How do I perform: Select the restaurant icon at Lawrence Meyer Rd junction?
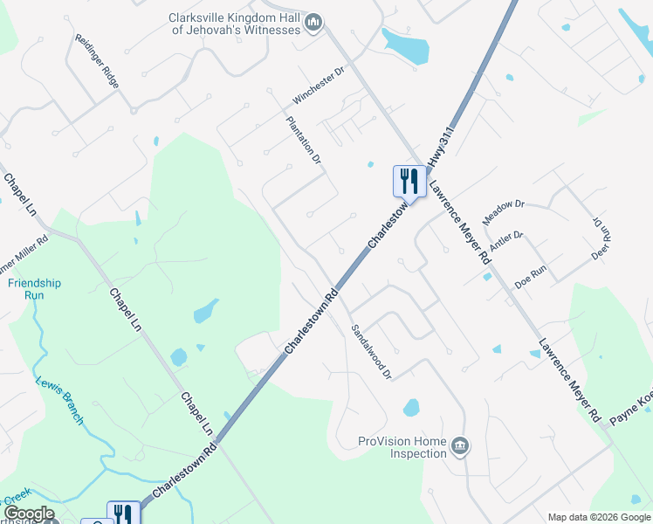click(x=409, y=182)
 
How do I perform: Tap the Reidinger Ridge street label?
click(x=97, y=61)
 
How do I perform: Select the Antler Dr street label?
click(x=505, y=241)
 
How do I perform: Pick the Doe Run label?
click(x=529, y=278)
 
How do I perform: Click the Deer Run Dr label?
click(x=600, y=238)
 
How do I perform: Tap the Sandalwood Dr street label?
click(x=372, y=353)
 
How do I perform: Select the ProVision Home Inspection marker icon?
click(x=459, y=447)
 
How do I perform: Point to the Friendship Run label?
click(x=34, y=289)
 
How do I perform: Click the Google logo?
click(x=29, y=514)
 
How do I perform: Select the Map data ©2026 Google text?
click(x=598, y=517)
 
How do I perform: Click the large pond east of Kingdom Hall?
click(x=406, y=46)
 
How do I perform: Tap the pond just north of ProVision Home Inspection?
click(x=411, y=408)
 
